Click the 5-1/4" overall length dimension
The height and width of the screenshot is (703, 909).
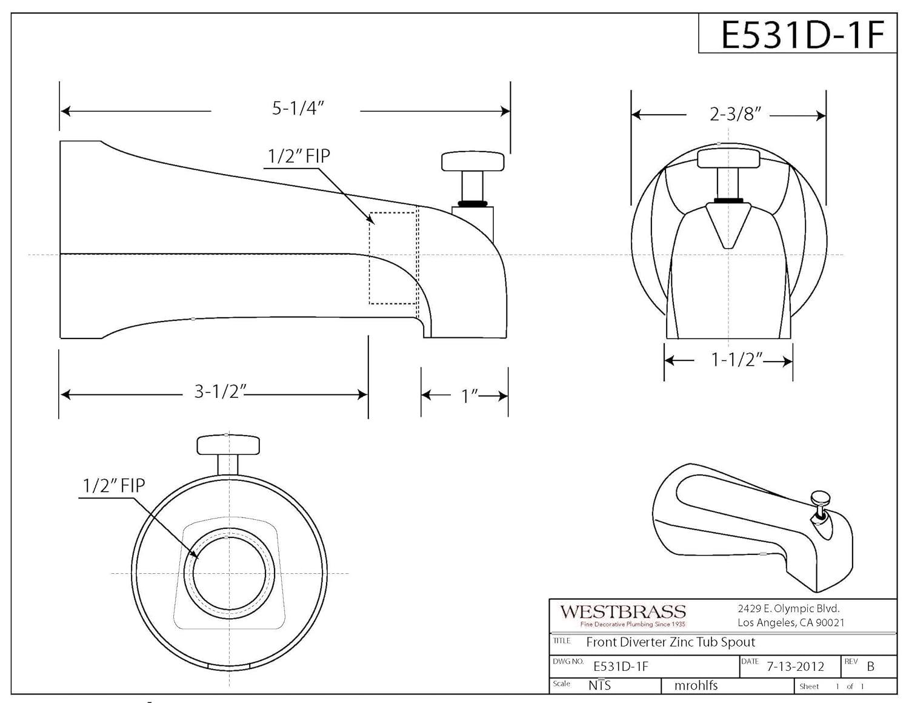[298, 109]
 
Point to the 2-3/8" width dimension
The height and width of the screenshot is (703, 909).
[735, 114]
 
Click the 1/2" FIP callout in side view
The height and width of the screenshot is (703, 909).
[299, 156]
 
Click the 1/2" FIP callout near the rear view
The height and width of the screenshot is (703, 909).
[114, 485]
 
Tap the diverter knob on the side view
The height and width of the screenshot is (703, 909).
[473, 162]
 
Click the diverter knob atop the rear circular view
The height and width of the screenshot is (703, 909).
[228, 445]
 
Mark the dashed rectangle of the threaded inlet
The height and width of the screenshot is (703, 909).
[393, 257]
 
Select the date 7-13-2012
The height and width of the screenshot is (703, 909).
[795, 666]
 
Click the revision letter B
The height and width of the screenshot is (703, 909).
[870, 666]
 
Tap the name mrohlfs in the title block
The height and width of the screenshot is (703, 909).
[696, 685]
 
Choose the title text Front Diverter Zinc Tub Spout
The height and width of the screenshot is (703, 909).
[670, 642]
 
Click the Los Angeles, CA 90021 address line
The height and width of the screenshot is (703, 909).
[790, 622]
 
